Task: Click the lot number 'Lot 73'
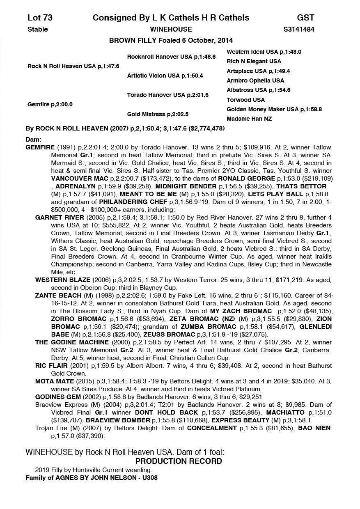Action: (40, 18)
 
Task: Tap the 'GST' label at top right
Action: (305, 18)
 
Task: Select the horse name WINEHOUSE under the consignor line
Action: (171, 29)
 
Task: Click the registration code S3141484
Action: (299, 29)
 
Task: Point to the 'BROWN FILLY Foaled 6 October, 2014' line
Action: (171, 40)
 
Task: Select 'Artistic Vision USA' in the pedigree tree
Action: (153, 76)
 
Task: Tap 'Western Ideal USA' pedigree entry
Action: (252, 52)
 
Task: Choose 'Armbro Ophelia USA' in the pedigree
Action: (255, 80)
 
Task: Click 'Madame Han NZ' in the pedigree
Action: (249, 119)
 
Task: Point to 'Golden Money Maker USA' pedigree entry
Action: (263, 109)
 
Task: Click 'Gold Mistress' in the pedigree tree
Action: (146, 114)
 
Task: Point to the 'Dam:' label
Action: (33, 140)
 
